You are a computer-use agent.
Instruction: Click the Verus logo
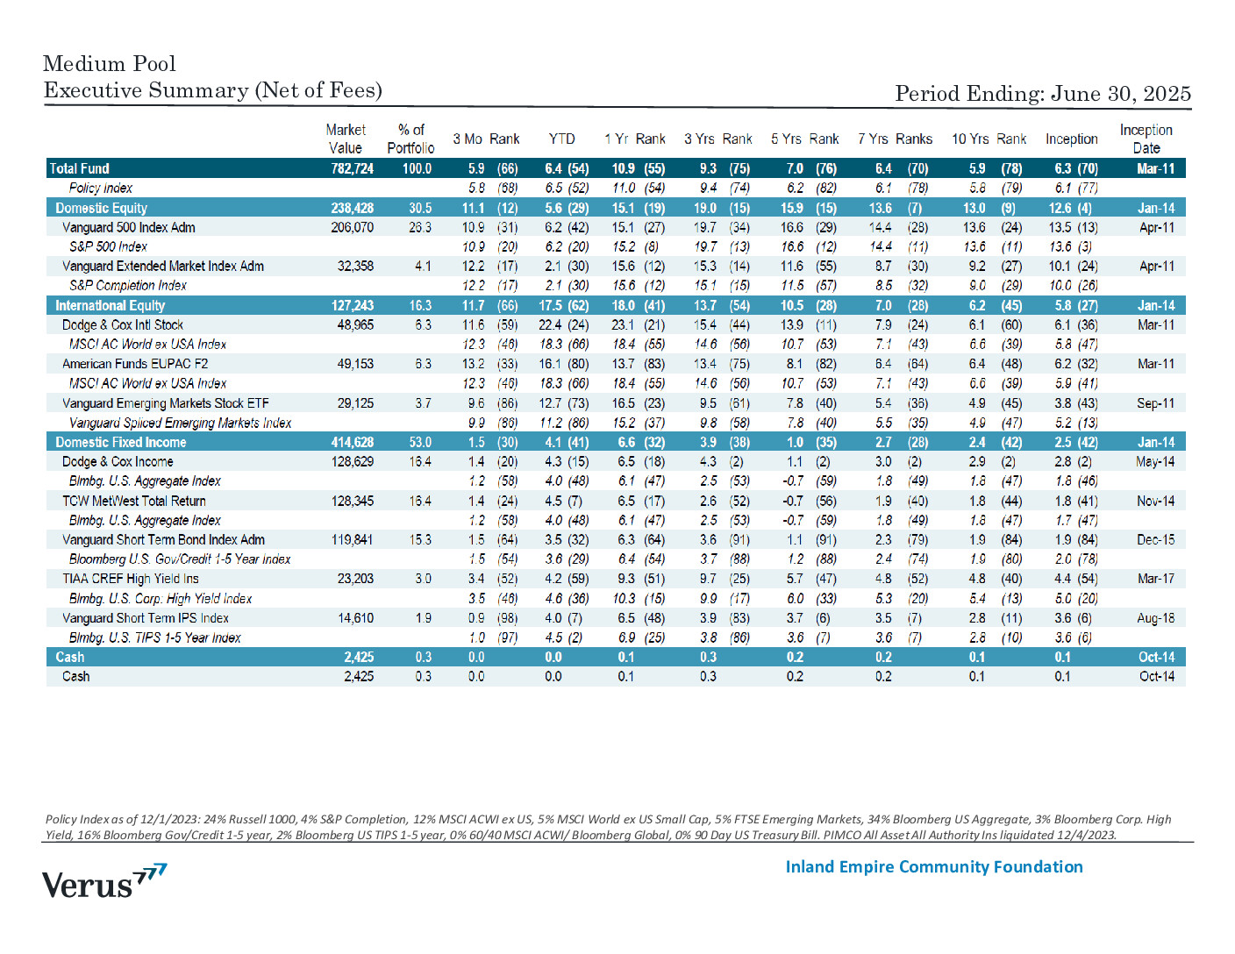pos(104,880)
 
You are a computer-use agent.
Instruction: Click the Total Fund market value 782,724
pos(353,168)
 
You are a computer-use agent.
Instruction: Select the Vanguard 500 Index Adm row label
pos(128,228)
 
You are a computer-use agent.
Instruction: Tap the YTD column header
pos(561,139)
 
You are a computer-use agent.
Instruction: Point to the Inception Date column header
pos(1146,139)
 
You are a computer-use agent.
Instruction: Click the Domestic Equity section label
pos(101,208)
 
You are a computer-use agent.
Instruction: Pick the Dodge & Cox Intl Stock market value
pos(356,325)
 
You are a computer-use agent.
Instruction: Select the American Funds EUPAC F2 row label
pos(135,364)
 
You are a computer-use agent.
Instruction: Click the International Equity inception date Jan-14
pos(1156,306)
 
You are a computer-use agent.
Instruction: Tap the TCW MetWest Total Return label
pos(134,502)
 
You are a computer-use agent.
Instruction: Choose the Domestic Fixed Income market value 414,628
pos(353,443)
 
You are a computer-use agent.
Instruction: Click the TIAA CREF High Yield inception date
pos(1156,579)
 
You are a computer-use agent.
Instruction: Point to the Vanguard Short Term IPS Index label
pos(146,618)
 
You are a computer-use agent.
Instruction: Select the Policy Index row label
pos(101,188)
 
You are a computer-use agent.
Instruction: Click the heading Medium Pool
pos(110,64)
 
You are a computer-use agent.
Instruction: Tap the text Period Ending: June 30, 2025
pos(1043,94)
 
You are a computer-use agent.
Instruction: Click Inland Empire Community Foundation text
pos(934,867)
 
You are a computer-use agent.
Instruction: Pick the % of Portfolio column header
pos(410,139)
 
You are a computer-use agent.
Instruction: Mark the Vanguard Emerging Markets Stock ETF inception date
pos(1156,403)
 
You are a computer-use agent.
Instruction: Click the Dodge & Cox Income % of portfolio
pos(420,462)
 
